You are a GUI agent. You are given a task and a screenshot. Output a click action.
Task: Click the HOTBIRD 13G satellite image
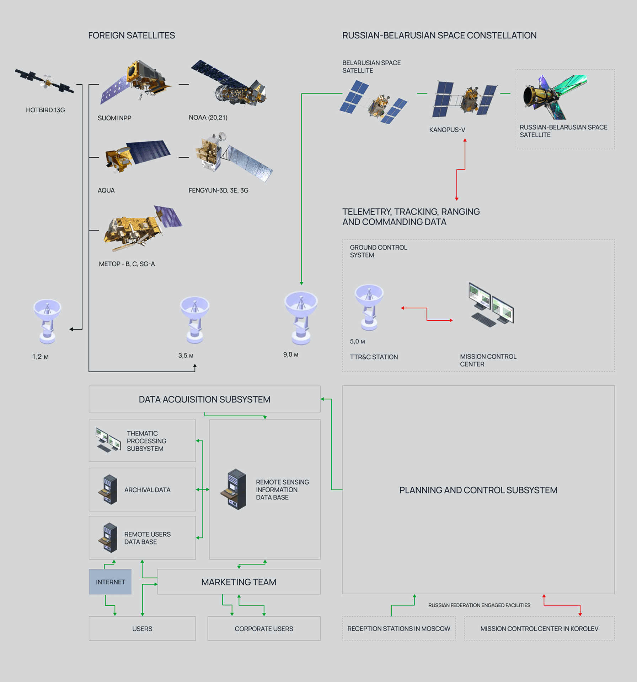click(x=45, y=81)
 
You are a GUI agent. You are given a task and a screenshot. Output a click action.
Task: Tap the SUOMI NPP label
click(x=114, y=118)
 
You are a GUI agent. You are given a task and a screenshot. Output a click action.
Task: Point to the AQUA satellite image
click(x=136, y=156)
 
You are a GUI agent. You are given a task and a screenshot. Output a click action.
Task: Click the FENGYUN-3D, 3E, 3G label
click(x=218, y=190)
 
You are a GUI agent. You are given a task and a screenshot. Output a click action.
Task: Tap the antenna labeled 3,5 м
click(x=194, y=319)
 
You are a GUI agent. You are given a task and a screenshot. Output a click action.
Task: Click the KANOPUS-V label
click(x=447, y=130)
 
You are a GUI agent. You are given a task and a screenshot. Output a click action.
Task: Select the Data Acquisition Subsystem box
click(x=204, y=399)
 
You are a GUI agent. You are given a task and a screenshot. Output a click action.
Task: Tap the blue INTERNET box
click(x=110, y=582)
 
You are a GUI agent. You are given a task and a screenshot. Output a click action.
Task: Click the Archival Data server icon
click(x=108, y=489)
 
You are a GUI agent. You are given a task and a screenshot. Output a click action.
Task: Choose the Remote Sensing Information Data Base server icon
click(x=234, y=489)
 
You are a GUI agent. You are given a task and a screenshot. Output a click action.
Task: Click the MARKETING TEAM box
click(x=239, y=582)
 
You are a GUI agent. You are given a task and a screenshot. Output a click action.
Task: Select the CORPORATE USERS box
click(x=264, y=629)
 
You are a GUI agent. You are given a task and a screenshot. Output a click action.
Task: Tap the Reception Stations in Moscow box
click(x=398, y=629)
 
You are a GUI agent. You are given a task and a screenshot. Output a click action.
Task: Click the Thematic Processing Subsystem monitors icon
click(x=108, y=440)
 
